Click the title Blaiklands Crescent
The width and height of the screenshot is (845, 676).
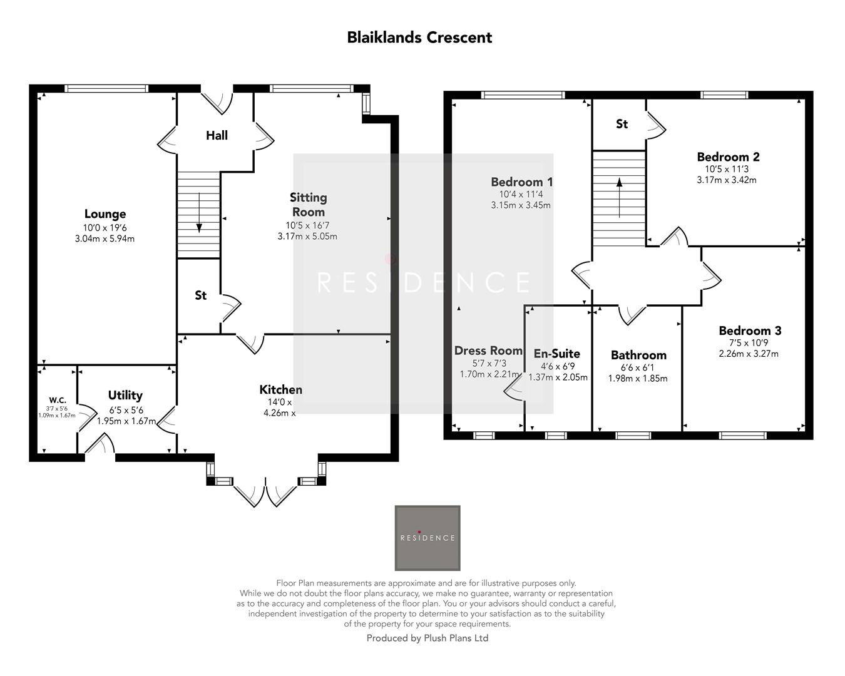(419, 38)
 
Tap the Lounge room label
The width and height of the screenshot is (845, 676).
(105, 214)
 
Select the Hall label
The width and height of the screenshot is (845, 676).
(217, 136)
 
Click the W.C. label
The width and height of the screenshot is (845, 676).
(58, 400)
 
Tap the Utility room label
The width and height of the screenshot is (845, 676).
(125, 395)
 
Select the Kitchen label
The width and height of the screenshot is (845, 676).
(281, 390)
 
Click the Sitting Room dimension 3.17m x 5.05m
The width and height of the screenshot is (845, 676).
(307, 237)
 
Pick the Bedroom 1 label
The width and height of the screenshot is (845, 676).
(522, 182)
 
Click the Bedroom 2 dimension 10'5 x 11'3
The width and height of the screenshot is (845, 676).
(727, 169)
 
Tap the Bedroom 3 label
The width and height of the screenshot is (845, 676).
(750, 330)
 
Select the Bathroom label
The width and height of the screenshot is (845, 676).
(638, 356)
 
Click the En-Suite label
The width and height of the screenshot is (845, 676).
(557, 354)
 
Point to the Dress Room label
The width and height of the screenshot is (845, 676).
(488, 351)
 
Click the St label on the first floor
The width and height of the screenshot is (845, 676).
(622, 124)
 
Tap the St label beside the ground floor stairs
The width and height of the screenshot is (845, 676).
(201, 295)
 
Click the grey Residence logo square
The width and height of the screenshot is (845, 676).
(428, 538)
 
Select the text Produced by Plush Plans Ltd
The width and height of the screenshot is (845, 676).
(428, 638)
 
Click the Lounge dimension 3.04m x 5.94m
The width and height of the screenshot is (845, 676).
(105, 239)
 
